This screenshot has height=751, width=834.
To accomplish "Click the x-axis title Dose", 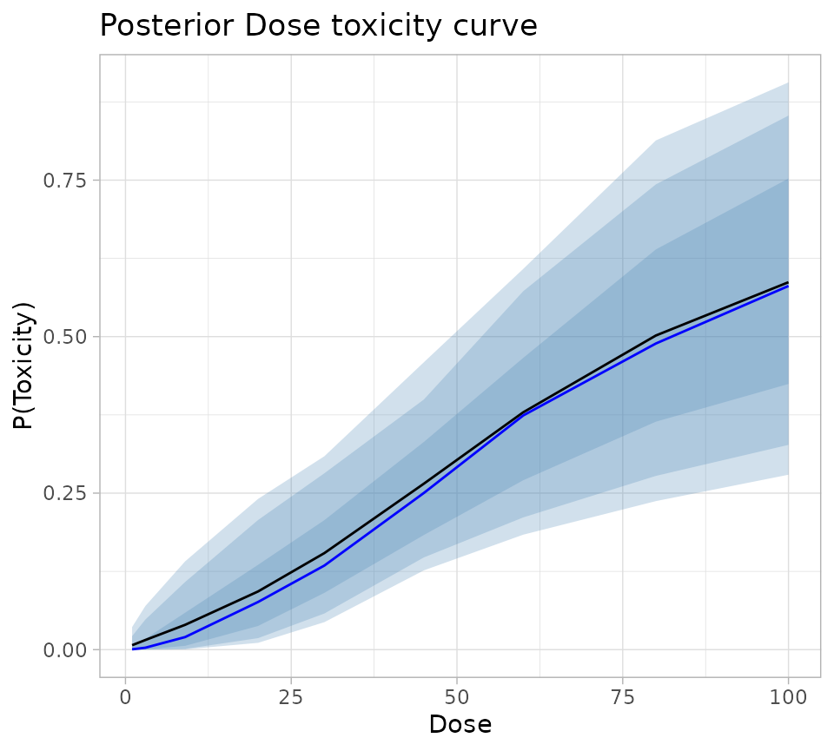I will [460, 725].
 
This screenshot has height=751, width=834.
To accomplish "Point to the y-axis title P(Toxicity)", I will [23, 366].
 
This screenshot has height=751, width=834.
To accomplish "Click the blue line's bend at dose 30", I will [325, 565].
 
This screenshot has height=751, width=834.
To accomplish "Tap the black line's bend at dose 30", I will [325, 553].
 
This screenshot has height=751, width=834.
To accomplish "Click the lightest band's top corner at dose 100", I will [788, 82].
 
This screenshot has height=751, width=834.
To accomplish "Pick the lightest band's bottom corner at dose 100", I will [788, 475].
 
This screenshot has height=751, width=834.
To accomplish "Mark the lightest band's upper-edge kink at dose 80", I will [656, 140].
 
